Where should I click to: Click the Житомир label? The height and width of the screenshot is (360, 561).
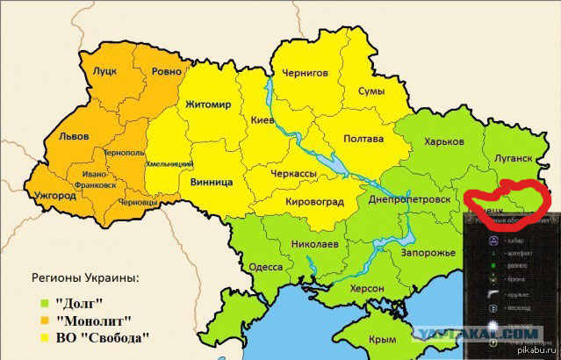tap(208, 104)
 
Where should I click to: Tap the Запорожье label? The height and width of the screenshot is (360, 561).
tap(427, 253)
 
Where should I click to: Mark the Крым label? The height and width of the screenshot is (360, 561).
tap(383, 340)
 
